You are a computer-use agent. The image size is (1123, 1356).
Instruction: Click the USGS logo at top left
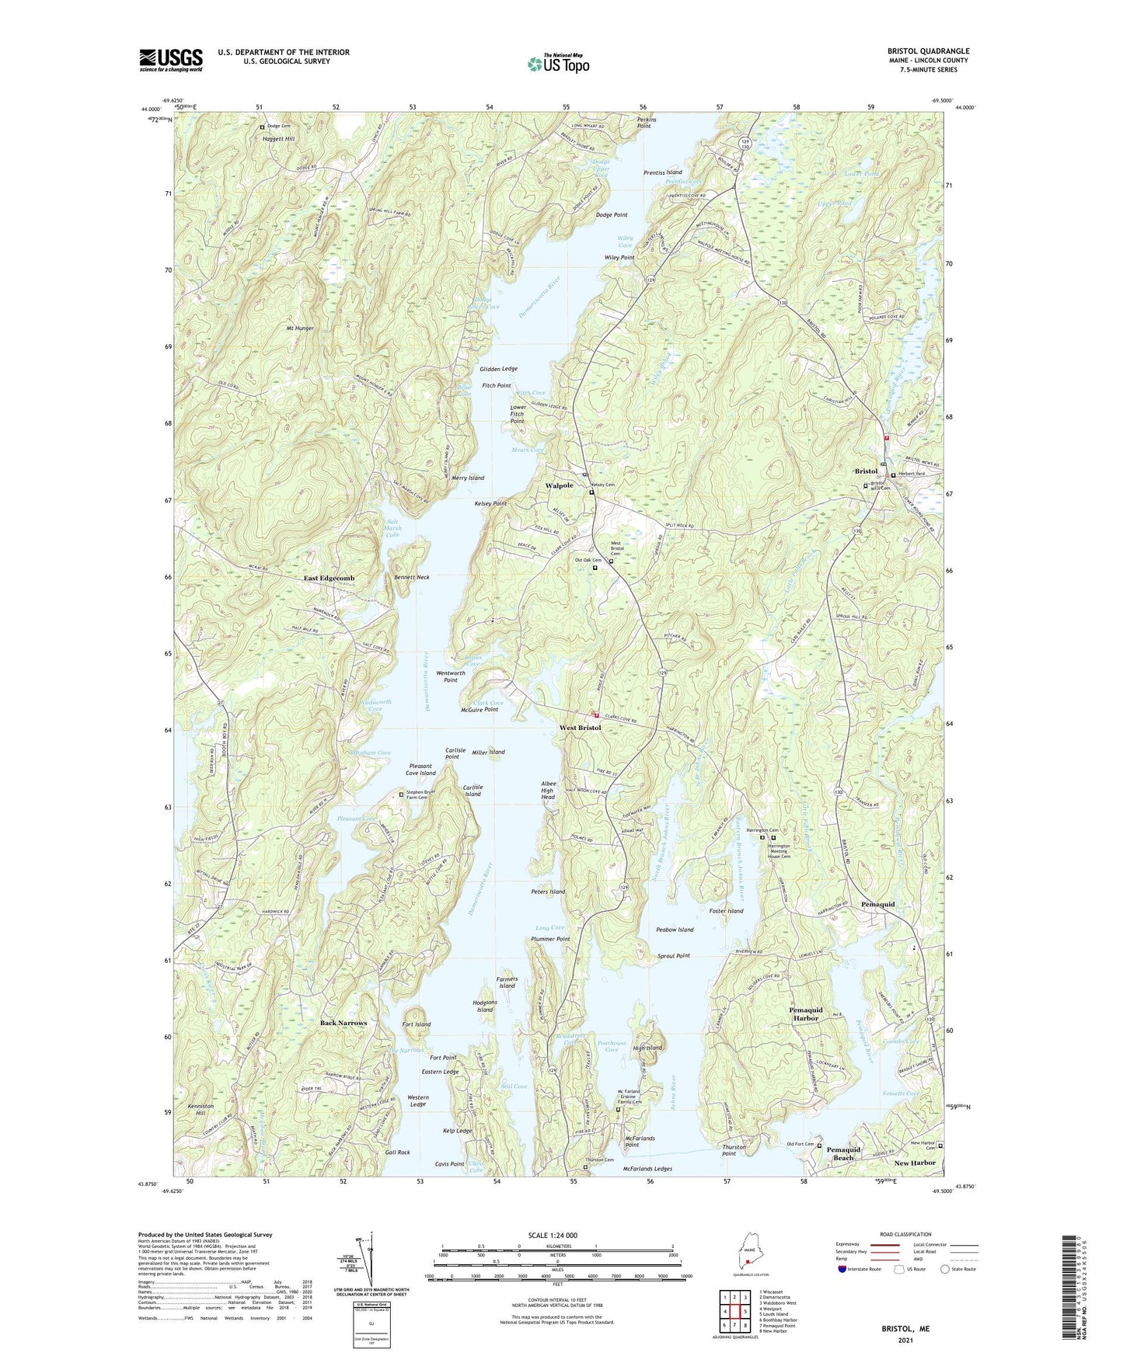(x=171, y=59)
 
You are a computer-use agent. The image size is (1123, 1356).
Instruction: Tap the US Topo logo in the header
(x=557, y=64)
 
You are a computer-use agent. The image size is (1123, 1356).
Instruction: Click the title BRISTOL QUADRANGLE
(x=928, y=51)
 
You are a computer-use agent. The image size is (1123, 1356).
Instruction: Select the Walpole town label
(x=559, y=485)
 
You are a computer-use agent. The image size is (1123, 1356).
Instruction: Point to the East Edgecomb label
(x=329, y=579)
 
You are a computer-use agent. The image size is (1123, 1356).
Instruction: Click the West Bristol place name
(x=580, y=728)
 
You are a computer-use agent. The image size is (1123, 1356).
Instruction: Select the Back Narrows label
(x=344, y=1023)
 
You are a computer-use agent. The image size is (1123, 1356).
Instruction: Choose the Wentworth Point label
(x=451, y=676)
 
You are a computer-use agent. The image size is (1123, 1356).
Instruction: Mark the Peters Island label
(x=548, y=892)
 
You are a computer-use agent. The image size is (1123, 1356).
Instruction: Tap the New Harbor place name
(x=914, y=1163)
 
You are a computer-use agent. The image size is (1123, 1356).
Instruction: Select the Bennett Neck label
(x=411, y=578)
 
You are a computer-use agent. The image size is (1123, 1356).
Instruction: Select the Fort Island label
(x=417, y=1024)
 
